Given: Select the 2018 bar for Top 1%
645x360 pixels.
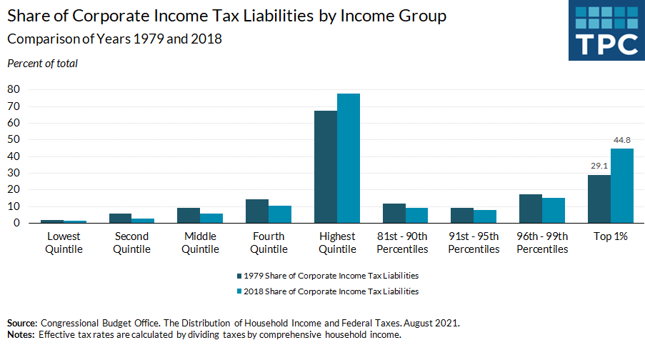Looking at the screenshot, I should point(622,186).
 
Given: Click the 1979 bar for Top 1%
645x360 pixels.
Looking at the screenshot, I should point(599,199).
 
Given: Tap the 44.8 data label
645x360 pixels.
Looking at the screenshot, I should point(622,141).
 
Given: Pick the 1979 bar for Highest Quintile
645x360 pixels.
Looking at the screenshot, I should point(326,167).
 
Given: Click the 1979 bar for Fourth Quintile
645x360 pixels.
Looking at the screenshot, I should point(257,211).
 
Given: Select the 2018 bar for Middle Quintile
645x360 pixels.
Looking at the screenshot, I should point(211,218).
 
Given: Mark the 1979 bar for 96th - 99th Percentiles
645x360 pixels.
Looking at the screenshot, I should point(531,209).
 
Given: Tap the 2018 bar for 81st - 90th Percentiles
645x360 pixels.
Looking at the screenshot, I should point(416,215).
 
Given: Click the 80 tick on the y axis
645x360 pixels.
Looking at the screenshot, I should point(14,89).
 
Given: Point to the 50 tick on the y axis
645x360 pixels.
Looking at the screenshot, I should point(14,139).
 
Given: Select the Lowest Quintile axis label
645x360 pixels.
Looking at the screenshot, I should point(64,243).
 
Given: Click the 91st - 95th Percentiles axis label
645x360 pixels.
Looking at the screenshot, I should point(474,243).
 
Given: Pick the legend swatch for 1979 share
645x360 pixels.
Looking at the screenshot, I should point(239,275).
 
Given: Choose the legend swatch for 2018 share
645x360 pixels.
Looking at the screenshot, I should point(239,291).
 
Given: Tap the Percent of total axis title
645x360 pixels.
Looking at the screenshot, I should point(42,64).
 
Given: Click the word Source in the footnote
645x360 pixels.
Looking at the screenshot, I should point(22,323).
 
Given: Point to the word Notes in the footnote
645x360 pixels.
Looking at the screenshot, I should point(21,334).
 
